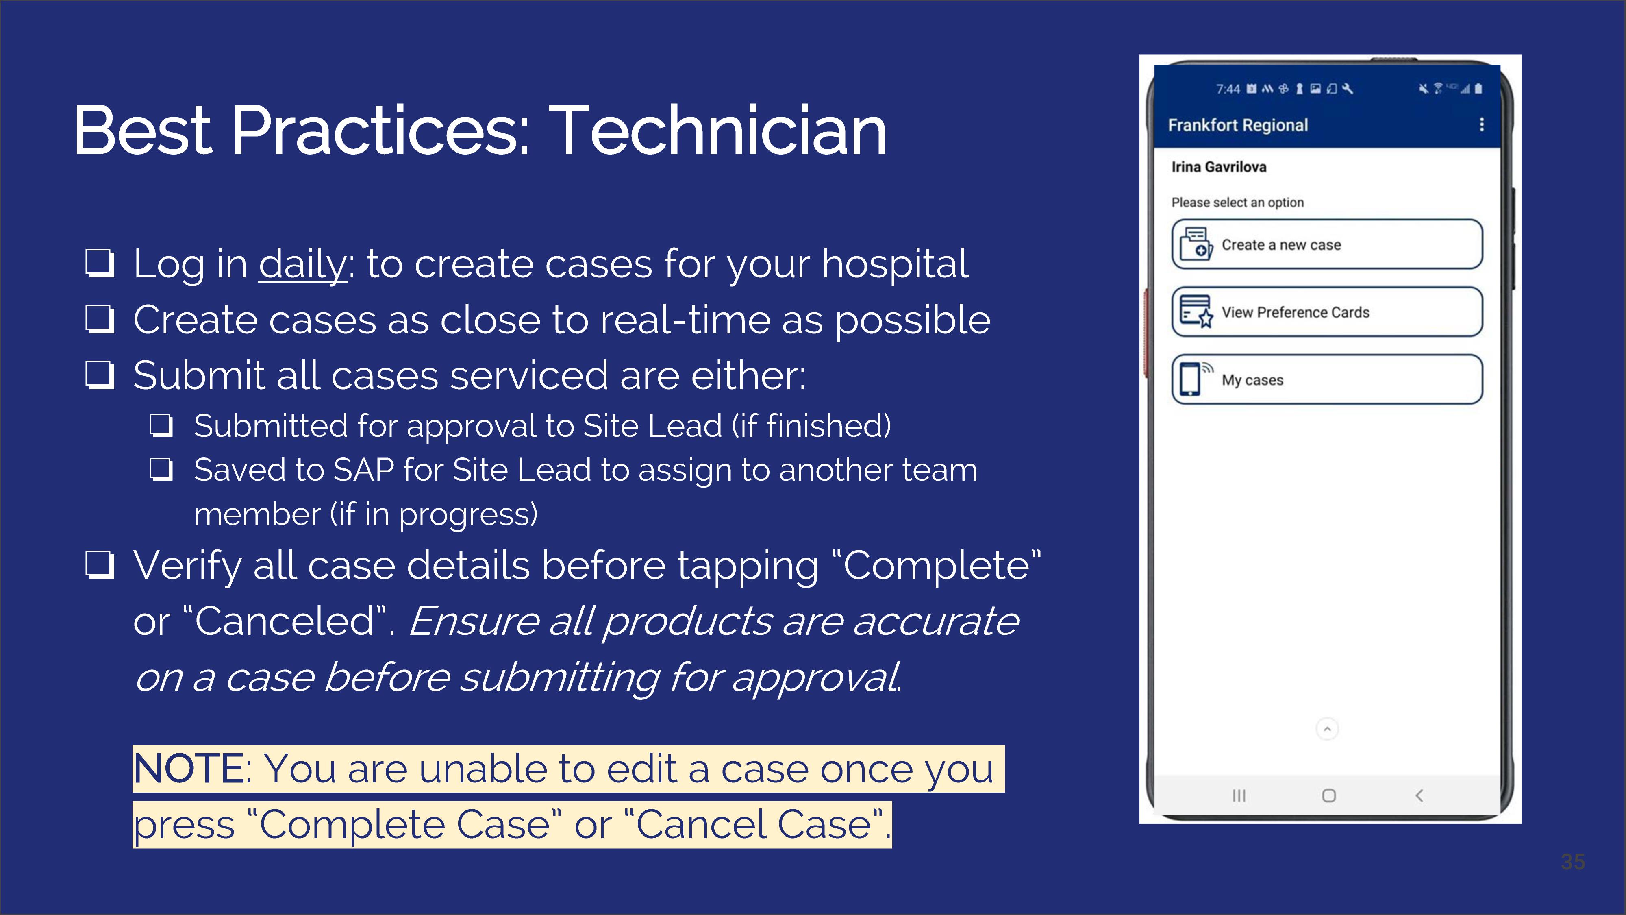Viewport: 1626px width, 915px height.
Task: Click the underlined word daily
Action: (302, 264)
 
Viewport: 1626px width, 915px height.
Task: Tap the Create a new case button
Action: (1327, 244)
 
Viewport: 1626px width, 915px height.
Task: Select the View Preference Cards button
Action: (1327, 312)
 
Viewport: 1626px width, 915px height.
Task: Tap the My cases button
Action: (1327, 379)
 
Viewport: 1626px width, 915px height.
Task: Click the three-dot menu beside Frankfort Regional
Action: (1481, 124)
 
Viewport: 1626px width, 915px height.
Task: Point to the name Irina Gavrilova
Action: (1219, 167)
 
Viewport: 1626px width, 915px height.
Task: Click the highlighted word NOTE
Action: (188, 769)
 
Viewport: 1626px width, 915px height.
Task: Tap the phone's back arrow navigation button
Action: (1419, 796)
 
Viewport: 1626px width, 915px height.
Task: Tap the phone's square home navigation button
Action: (1329, 796)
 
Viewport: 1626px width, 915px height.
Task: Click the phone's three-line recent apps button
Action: (1239, 796)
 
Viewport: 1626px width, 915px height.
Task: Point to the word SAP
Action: (362, 471)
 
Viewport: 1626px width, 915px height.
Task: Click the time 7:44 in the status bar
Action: (1228, 89)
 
